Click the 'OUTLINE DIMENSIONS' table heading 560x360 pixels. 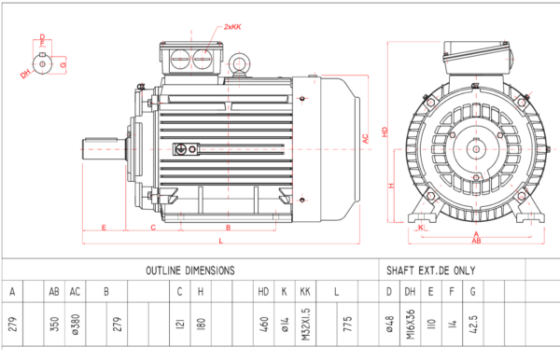click(189, 270)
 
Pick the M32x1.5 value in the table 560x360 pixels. click(305, 324)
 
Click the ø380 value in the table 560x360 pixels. click(76, 324)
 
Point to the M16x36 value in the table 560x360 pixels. click(411, 324)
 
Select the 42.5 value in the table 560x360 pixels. click(475, 324)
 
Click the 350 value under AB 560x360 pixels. click(54, 324)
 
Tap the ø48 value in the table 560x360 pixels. click(389, 324)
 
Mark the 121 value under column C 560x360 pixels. click(179, 324)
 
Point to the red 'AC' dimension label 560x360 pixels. click(367, 138)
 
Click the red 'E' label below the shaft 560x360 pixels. click(102, 227)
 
